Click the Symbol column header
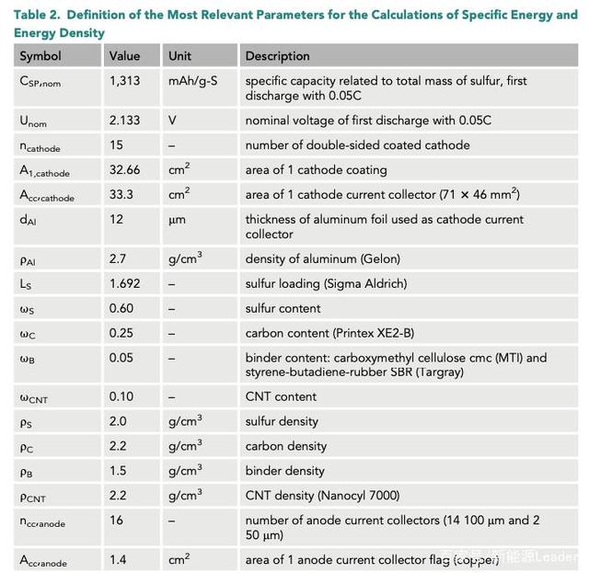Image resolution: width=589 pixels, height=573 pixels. [x=40, y=56]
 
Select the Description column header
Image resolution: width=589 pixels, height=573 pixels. [x=277, y=56]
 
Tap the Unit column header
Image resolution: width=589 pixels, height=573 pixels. [x=179, y=56]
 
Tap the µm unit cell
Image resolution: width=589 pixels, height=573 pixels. [x=177, y=219]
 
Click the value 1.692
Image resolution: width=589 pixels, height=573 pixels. [x=124, y=283]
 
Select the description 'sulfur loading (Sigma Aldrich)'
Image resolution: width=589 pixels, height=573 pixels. [x=327, y=283]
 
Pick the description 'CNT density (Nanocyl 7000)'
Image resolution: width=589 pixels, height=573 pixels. [x=322, y=496]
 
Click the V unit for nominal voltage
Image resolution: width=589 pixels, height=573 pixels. [x=172, y=120]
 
